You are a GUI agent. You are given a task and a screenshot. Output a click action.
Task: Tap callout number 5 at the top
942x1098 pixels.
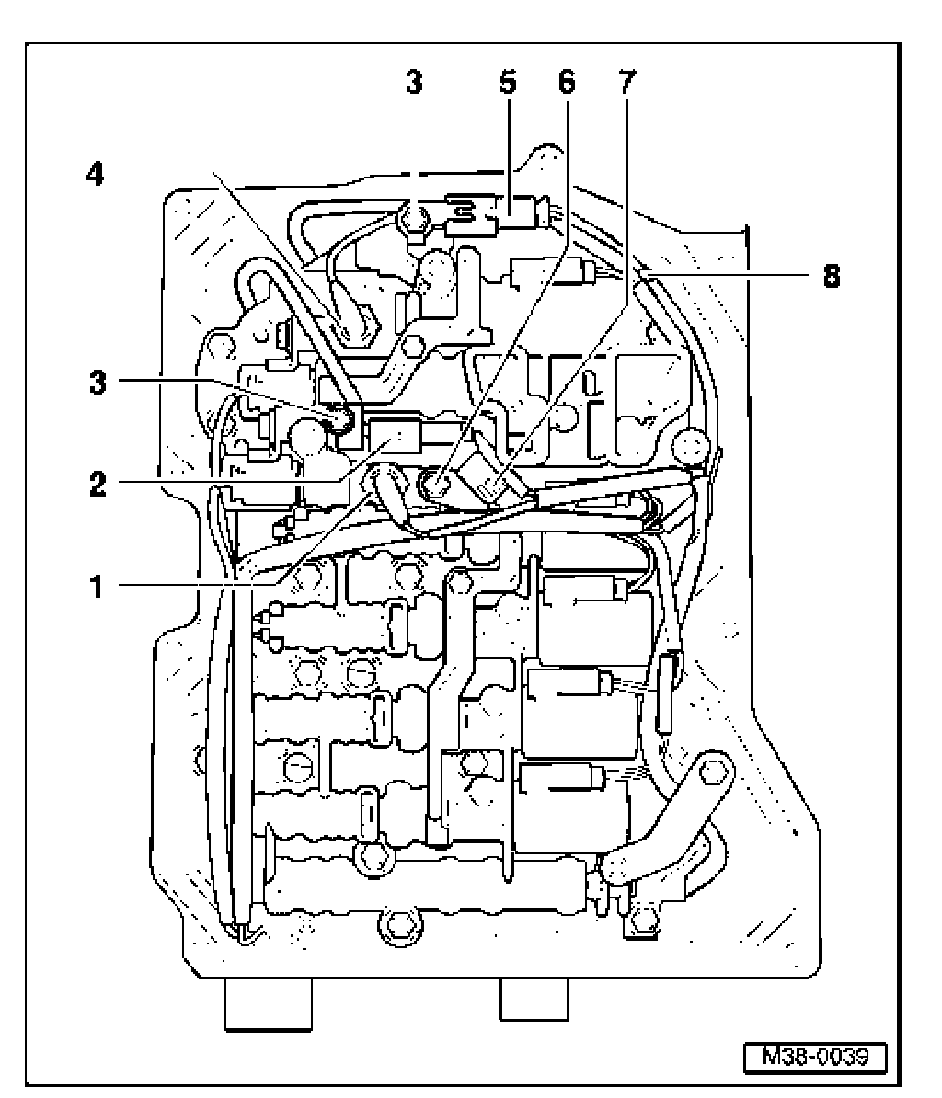click(507, 84)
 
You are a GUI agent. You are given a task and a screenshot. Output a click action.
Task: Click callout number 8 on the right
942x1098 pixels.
click(831, 276)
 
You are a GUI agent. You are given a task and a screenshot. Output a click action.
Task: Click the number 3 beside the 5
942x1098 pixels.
click(415, 84)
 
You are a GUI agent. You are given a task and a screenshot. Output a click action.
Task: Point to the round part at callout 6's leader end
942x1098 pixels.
click(436, 482)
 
